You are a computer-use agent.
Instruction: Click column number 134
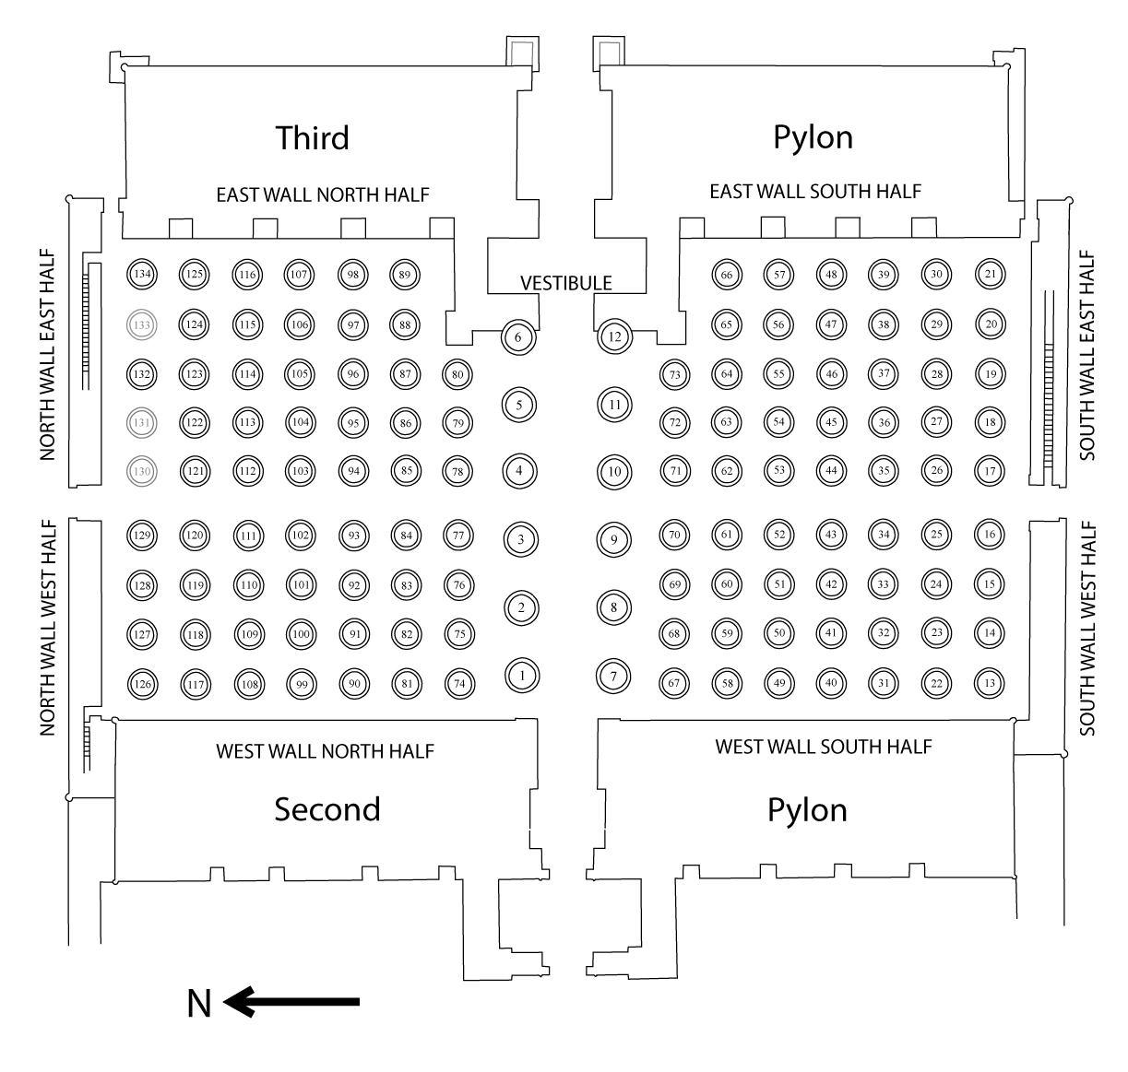pyautogui.click(x=142, y=274)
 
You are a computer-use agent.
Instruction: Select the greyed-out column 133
pyautogui.click(x=142, y=324)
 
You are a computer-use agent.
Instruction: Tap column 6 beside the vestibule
pyautogui.click(x=518, y=337)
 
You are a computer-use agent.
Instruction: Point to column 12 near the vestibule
pyautogui.click(x=615, y=336)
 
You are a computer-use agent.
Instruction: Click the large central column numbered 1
pyautogui.click(x=522, y=676)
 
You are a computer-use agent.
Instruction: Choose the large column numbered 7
pyautogui.click(x=613, y=676)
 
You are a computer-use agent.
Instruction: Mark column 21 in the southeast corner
pyautogui.click(x=991, y=274)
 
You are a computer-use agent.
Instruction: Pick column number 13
pyautogui.click(x=991, y=683)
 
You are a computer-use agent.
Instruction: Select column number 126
pyautogui.click(x=142, y=684)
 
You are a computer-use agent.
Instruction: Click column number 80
pyautogui.click(x=457, y=374)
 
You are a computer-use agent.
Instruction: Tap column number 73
pyautogui.click(x=675, y=374)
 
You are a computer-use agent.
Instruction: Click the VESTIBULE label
pyautogui.click(x=566, y=283)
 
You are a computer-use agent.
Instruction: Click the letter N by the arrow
pyautogui.click(x=199, y=1003)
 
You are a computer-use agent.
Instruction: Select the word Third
pyautogui.click(x=313, y=137)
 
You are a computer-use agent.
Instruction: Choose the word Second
pyautogui.click(x=327, y=809)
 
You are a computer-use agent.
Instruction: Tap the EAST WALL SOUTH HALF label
pyautogui.click(x=815, y=192)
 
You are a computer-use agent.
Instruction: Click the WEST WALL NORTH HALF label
pyautogui.click(x=325, y=751)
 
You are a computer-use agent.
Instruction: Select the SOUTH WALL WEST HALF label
pyautogui.click(x=1087, y=629)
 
